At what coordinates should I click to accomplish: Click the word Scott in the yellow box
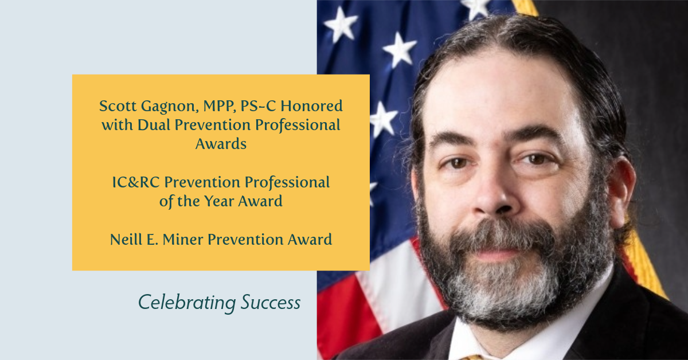click(x=118, y=106)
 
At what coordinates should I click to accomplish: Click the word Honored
click(x=311, y=106)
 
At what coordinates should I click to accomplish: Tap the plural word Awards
click(x=221, y=144)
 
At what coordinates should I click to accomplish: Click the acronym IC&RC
click(x=136, y=182)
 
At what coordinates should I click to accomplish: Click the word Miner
click(x=183, y=239)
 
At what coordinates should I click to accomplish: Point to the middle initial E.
click(x=152, y=240)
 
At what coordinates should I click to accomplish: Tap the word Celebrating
click(x=187, y=303)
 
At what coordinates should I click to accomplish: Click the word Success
click(x=271, y=302)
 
